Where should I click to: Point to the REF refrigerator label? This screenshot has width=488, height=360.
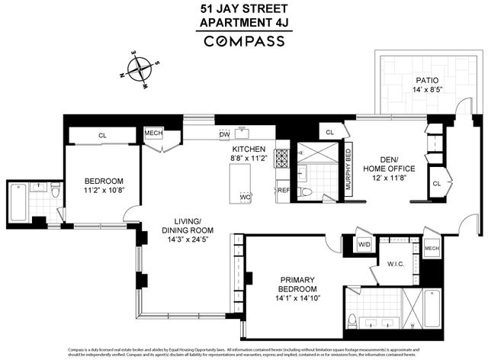(x=283, y=190)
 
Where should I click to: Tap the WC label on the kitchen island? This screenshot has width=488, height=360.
(x=246, y=197)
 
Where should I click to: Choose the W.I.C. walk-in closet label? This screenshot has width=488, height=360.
(x=396, y=265)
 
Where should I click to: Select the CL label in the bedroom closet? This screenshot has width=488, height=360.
(x=102, y=136)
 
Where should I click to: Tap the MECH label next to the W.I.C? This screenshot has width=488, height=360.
(x=432, y=249)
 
